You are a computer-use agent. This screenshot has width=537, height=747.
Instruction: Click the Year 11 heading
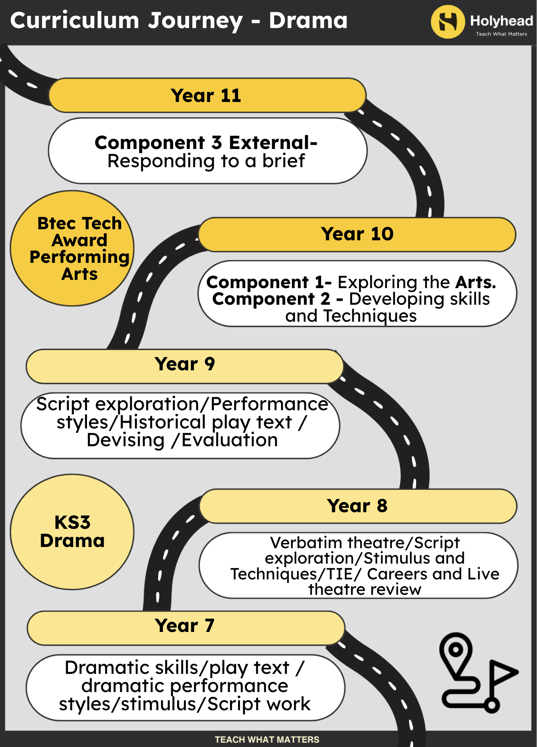tap(206, 96)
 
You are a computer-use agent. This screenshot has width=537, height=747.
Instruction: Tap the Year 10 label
tap(357, 234)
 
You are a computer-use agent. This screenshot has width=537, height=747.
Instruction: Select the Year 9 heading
tap(185, 364)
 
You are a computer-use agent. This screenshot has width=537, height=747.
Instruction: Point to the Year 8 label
tap(357, 506)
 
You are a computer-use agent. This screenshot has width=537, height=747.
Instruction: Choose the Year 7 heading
tap(185, 626)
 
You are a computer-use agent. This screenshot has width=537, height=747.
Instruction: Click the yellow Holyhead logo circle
tap(448, 22)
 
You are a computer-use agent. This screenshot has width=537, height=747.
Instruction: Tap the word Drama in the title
tap(308, 21)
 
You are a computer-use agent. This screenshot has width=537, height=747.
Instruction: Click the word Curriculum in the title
tap(75, 21)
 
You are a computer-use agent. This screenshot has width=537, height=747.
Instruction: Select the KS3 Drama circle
tap(72, 532)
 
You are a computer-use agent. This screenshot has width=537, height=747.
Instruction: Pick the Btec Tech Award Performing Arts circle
tap(72, 248)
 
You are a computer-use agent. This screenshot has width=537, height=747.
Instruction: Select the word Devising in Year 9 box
tap(126, 440)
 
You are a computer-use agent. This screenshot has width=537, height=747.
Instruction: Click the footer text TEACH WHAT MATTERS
tap(267, 739)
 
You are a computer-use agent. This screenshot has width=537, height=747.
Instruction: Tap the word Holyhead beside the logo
tap(501, 21)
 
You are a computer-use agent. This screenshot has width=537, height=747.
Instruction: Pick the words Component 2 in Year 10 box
tap(271, 299)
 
